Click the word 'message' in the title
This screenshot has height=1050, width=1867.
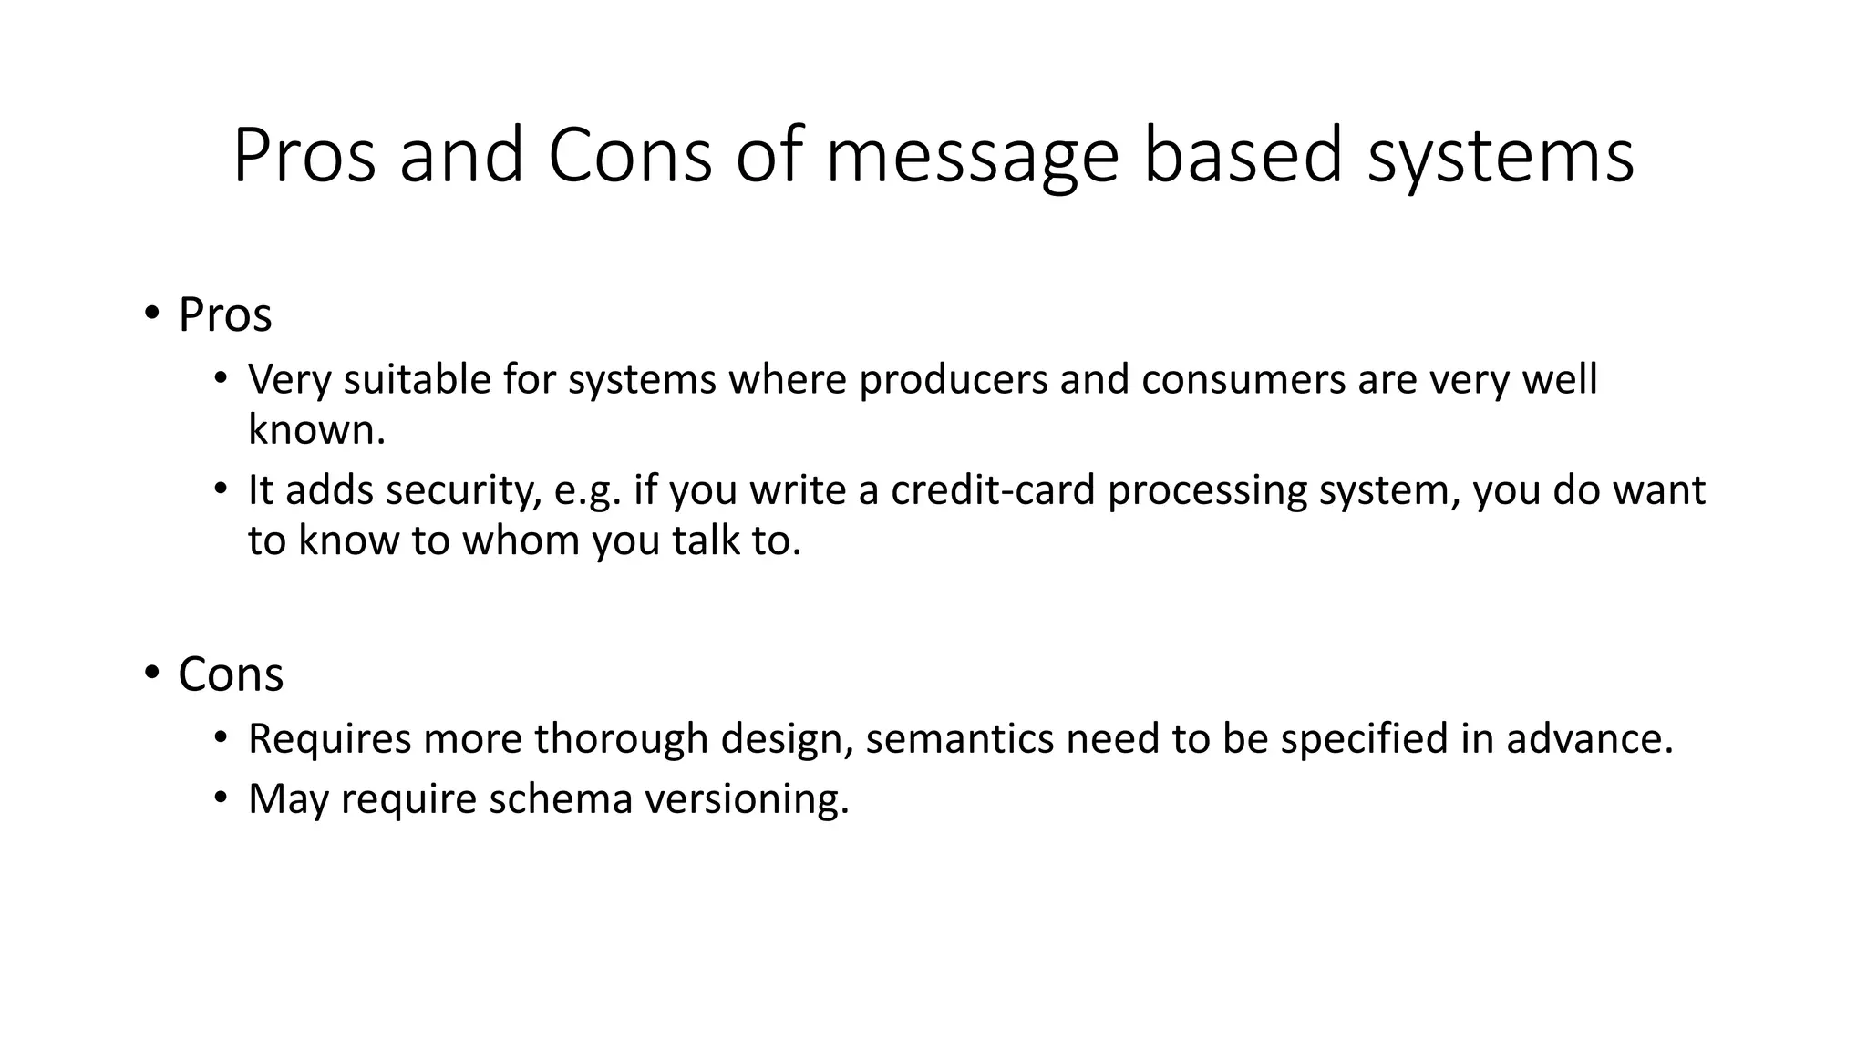[x=972, y=157]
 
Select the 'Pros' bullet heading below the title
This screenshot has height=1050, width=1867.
[x=224, y=315]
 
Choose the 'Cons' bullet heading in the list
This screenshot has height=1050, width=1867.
[x=231, y=674]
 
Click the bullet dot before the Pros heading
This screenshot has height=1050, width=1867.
[x=150, y=314]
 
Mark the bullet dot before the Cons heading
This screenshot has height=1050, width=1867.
[x=150, y=674]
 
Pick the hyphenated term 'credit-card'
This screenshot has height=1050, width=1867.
[x=993, y=490]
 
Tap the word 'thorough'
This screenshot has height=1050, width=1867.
[x=621, y=738]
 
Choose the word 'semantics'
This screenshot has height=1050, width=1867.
[x=960, y=738]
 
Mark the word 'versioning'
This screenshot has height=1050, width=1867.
[x=747, y=799]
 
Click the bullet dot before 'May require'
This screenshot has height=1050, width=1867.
[x=220, y=798]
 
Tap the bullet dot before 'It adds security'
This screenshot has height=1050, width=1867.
[x=220, y=489]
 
